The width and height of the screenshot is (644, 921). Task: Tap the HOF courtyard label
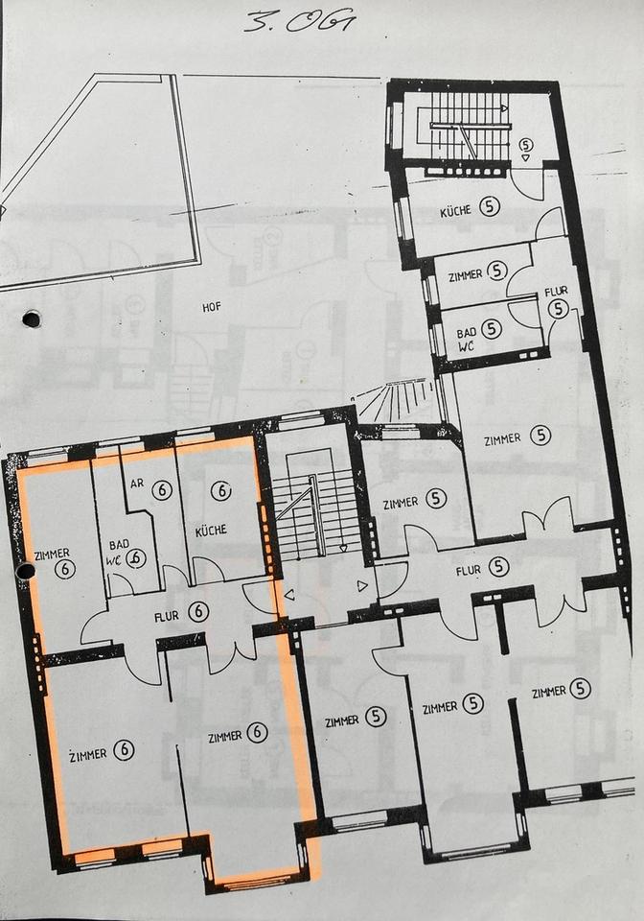point(212,307)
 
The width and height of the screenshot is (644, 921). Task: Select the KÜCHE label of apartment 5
point(456,211)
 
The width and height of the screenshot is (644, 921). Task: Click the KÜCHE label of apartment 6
point(211,530)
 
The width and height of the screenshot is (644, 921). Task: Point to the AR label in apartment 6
point(137,484)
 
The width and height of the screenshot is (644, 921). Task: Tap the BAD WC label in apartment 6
point(118,553)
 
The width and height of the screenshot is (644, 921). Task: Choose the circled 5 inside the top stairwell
point(526,144)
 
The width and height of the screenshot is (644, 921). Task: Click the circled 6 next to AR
point(161,490)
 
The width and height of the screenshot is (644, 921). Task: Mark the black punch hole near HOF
point(31,319)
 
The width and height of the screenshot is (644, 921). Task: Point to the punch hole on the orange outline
point(26,570)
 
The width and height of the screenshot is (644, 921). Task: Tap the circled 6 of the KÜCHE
point(221,490)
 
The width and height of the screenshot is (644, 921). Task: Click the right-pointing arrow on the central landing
point(363,585)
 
